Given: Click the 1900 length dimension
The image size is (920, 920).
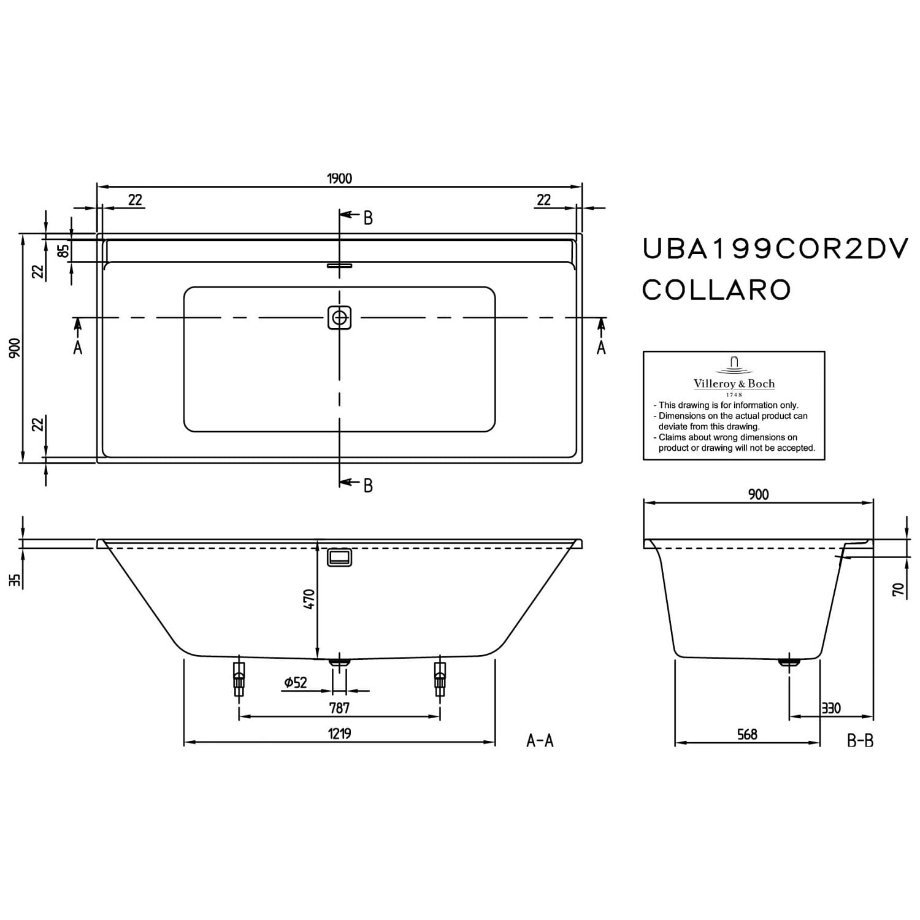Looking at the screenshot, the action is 339,178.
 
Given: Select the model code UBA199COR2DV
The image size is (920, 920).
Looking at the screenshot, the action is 775,249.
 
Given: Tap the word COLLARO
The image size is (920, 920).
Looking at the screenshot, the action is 716,289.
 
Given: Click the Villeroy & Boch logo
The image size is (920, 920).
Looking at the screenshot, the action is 734,375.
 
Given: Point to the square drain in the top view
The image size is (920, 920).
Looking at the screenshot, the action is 339,318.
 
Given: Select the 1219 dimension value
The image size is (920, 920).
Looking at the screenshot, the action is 339,733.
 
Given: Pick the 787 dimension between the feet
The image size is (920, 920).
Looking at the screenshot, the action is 339,707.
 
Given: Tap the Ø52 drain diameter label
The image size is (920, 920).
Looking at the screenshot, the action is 296,682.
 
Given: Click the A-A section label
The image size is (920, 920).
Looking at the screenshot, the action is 540,741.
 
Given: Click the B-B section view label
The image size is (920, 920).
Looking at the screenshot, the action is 860,741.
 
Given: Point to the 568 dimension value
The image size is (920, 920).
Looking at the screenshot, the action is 747,734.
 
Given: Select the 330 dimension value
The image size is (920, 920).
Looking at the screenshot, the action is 831,708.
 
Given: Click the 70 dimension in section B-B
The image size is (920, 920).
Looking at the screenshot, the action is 899,590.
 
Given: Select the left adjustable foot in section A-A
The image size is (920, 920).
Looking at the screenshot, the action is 239,678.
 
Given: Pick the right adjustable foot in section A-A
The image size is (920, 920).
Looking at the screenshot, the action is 440,678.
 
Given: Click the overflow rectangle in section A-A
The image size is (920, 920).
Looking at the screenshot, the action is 339,557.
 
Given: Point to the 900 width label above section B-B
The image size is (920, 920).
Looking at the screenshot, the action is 758,494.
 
